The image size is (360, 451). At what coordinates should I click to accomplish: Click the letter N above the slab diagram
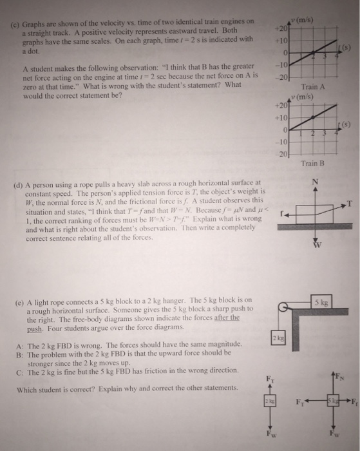(x=314, y=182)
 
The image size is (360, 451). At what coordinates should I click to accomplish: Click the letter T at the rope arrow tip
(x=350, y=204)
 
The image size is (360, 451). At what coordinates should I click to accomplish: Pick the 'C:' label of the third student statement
(x=20, y=372)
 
